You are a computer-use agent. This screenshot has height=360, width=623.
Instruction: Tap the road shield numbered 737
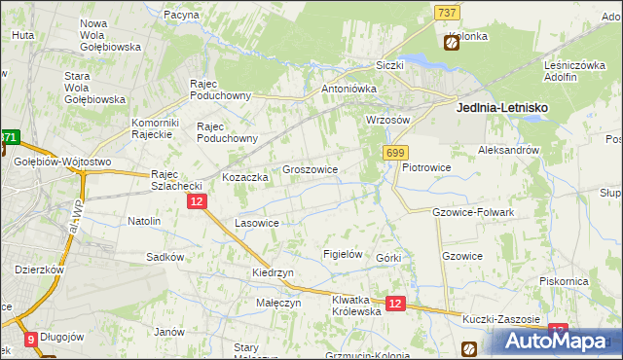447,12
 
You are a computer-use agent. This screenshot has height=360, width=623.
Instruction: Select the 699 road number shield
395,153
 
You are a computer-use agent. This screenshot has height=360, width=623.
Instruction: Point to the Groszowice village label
310,169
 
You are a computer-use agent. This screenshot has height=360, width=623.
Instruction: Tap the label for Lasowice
257,223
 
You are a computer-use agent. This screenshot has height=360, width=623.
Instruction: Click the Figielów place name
343,254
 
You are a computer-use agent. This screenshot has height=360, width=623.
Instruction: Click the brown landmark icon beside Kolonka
452,42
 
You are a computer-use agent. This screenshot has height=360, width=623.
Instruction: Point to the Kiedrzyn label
274,273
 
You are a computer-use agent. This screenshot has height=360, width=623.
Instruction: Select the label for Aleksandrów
508,151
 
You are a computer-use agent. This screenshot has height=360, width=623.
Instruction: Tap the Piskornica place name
568,281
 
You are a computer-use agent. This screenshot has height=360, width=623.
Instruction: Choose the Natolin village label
144,221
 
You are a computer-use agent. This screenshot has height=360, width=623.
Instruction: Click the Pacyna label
181,16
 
